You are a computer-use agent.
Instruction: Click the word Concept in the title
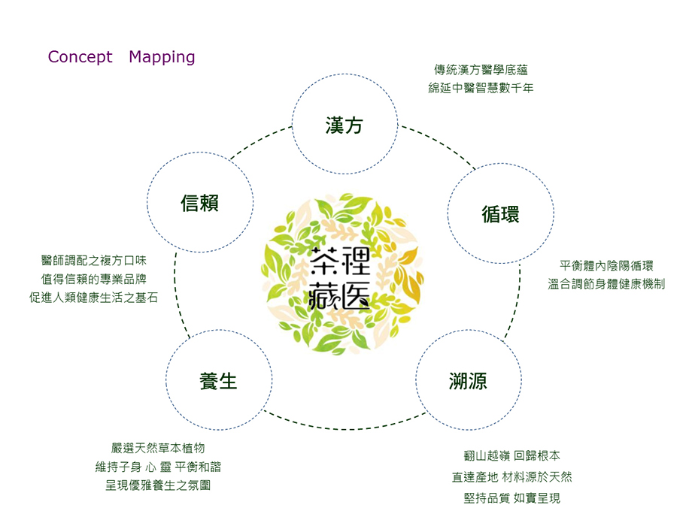(80, 57)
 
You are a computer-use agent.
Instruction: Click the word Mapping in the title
(162, 58)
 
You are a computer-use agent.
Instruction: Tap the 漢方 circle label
(344, 125)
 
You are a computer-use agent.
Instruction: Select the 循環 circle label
(500, 214)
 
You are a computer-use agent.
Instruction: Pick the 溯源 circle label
(469, 381)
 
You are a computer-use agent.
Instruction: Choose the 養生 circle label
(218, 381)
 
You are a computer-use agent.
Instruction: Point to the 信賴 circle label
(199, 203)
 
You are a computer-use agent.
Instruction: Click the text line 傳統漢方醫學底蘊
(481, 70)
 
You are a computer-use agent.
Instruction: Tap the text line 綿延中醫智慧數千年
(481, 88)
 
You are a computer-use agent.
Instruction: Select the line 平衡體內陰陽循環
(606, 266)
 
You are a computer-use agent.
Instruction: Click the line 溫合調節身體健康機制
(606, 284)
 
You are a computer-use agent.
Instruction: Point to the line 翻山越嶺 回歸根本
(512, 455)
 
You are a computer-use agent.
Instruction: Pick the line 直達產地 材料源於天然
(512, 477)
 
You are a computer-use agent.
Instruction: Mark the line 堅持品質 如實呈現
(512, 498)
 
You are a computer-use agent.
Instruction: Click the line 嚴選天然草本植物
(158, 449)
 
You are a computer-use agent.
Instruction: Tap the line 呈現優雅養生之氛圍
(158, 485)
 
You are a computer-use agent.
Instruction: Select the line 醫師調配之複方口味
(93, 261)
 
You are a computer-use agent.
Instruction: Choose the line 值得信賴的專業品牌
(93, 279)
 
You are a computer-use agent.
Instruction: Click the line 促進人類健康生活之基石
(93, 298)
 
